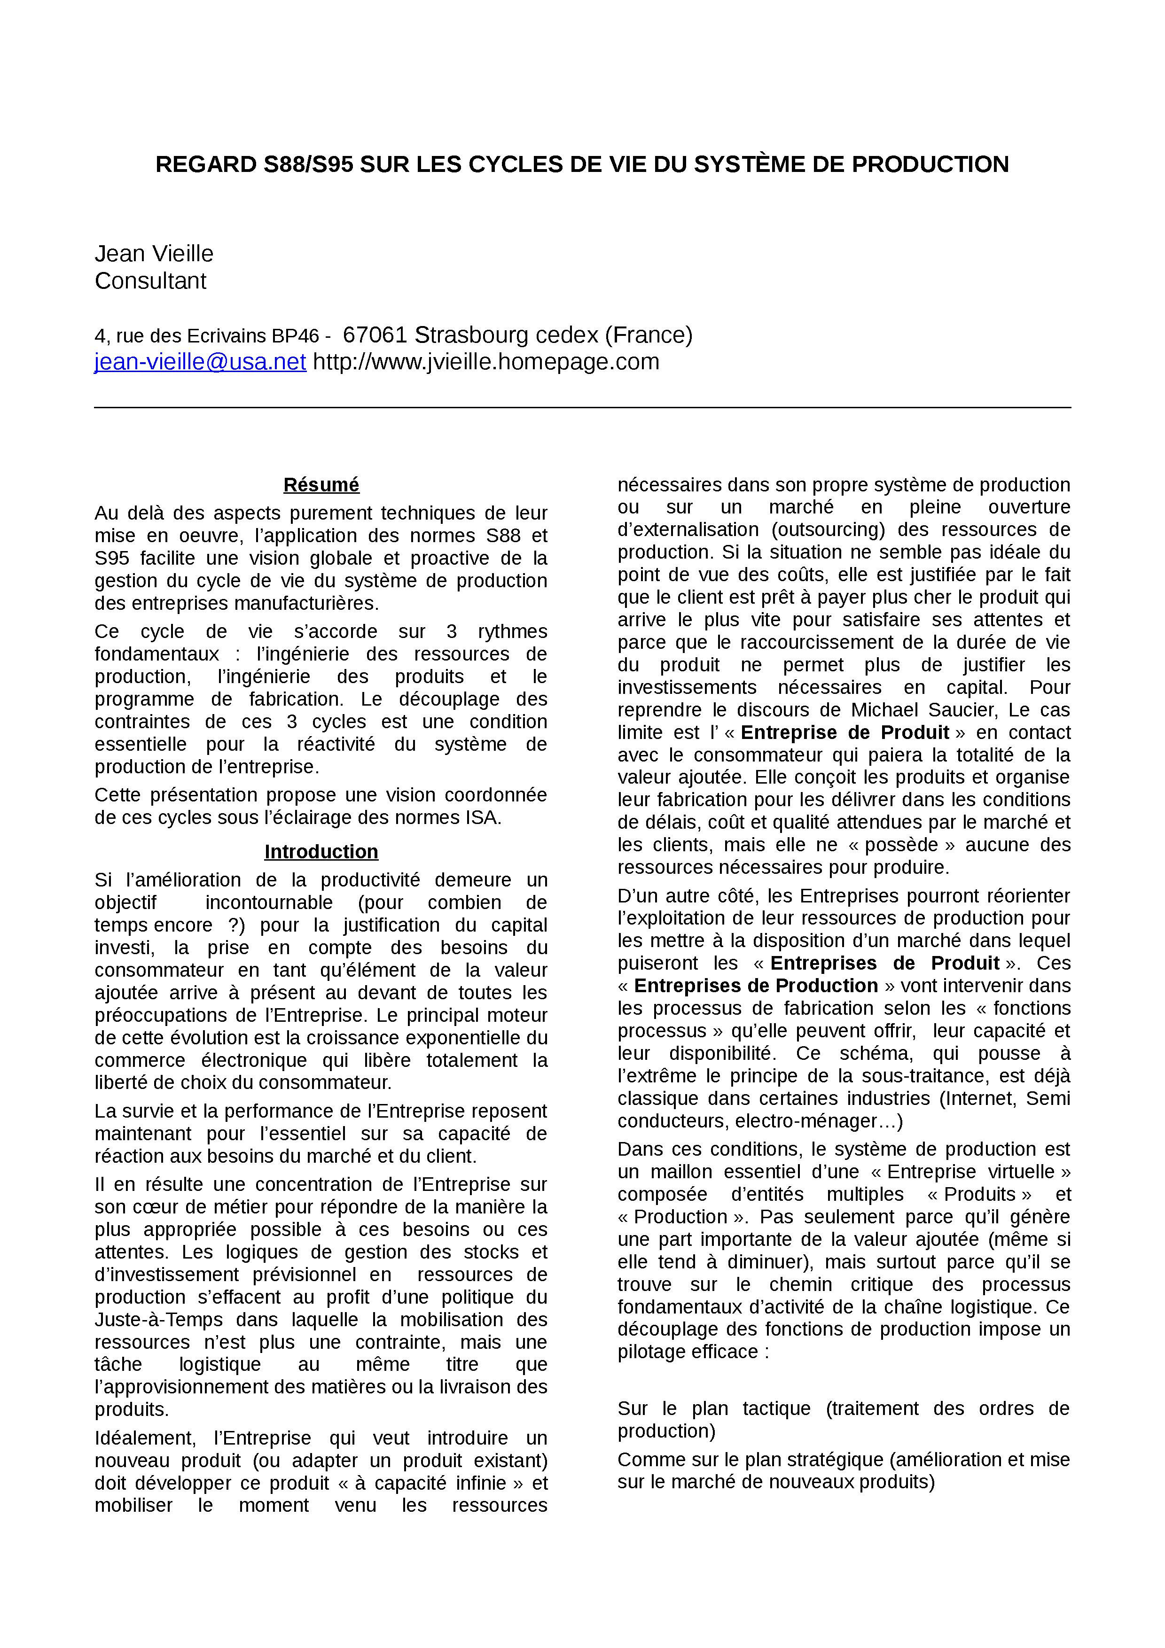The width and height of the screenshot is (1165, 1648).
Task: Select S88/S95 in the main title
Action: click(x=309, y=164)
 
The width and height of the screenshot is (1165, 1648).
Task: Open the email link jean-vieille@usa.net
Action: click(x=200, y=362)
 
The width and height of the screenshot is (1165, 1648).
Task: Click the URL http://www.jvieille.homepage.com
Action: click(x=486, y=362)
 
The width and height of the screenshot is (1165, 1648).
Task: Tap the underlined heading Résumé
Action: click(x=321, y=485)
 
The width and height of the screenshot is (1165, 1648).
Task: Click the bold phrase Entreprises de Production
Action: click(x=756, y=986)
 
